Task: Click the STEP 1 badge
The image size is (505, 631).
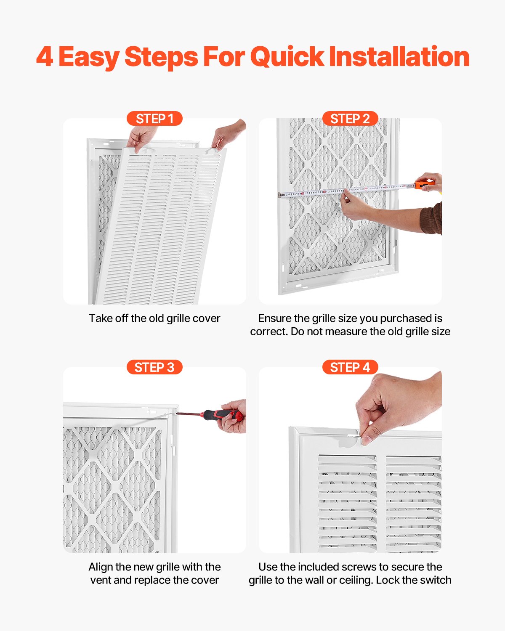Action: pos(154,119)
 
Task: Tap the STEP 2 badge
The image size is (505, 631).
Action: pos(350,119)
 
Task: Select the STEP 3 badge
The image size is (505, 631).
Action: pos(154,367)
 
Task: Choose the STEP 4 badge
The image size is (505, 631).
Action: pos(350,367)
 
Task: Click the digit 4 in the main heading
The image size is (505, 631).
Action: pos(45,57)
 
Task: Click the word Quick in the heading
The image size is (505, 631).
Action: pos(287,58)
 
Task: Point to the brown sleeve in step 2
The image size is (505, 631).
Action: pos(432,218)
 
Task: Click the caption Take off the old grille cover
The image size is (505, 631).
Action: pos(154,318)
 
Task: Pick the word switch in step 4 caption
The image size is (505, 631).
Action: pos(437,580)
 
